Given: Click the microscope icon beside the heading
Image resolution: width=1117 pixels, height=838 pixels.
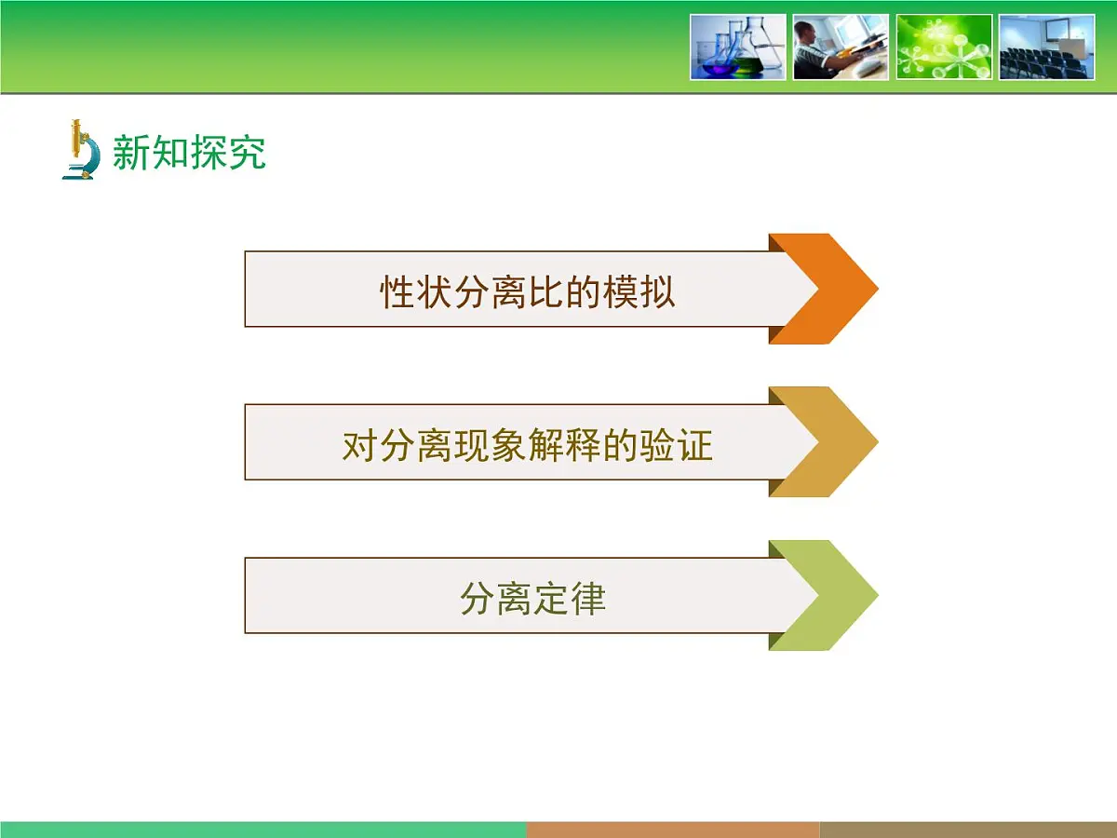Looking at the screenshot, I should (x=81, y=149).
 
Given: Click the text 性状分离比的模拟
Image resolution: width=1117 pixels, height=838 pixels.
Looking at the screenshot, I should (x=527, y=292).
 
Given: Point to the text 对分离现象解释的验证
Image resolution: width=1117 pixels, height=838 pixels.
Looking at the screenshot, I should (x=527, y=446).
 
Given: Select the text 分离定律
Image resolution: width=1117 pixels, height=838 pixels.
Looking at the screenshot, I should (x=532, y=599).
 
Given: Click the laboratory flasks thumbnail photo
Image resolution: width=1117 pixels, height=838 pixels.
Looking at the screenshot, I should (x=738, y=47).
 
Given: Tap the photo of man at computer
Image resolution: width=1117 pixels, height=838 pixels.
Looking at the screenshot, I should (x=841, y=47).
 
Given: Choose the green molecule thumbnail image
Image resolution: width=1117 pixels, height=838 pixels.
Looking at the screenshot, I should (x=944, y=47).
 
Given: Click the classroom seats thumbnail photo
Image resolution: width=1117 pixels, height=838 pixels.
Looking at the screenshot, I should (x=1046, y=47).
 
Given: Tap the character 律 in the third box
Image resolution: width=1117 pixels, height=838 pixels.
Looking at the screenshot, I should (x=588, y=599).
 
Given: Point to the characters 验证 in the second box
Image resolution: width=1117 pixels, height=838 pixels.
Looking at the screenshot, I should (x=677, y=446).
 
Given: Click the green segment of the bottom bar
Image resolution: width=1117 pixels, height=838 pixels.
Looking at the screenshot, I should (x=262, y=829).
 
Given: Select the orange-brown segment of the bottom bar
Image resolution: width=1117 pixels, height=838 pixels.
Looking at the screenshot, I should (x=672, y=829).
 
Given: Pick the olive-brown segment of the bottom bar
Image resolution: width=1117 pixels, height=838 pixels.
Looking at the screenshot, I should (x=968, y=829).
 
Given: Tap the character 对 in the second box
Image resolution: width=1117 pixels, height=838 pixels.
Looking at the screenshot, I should (x=360, y=446).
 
